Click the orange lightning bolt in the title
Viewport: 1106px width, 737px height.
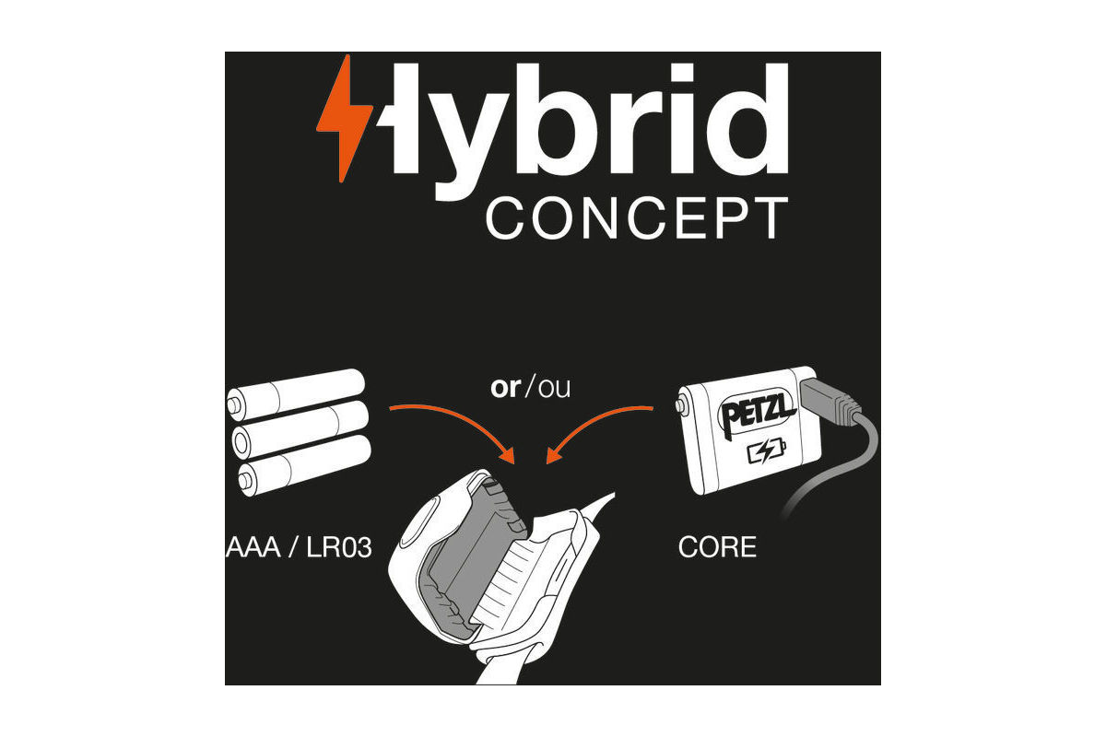point(345,119)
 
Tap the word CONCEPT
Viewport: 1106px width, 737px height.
point(637,218)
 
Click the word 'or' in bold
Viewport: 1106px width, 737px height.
point(506,388)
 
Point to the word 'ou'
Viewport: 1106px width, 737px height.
point(554,389)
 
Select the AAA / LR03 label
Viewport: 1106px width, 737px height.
point(300,547)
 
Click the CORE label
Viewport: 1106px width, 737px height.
point(717,547)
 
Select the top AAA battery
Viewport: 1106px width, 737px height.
point(296,392)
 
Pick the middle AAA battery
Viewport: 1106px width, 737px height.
point(300,428)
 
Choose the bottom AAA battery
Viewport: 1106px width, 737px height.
point(303,465)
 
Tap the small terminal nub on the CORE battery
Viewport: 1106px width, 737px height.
point(682,405)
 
